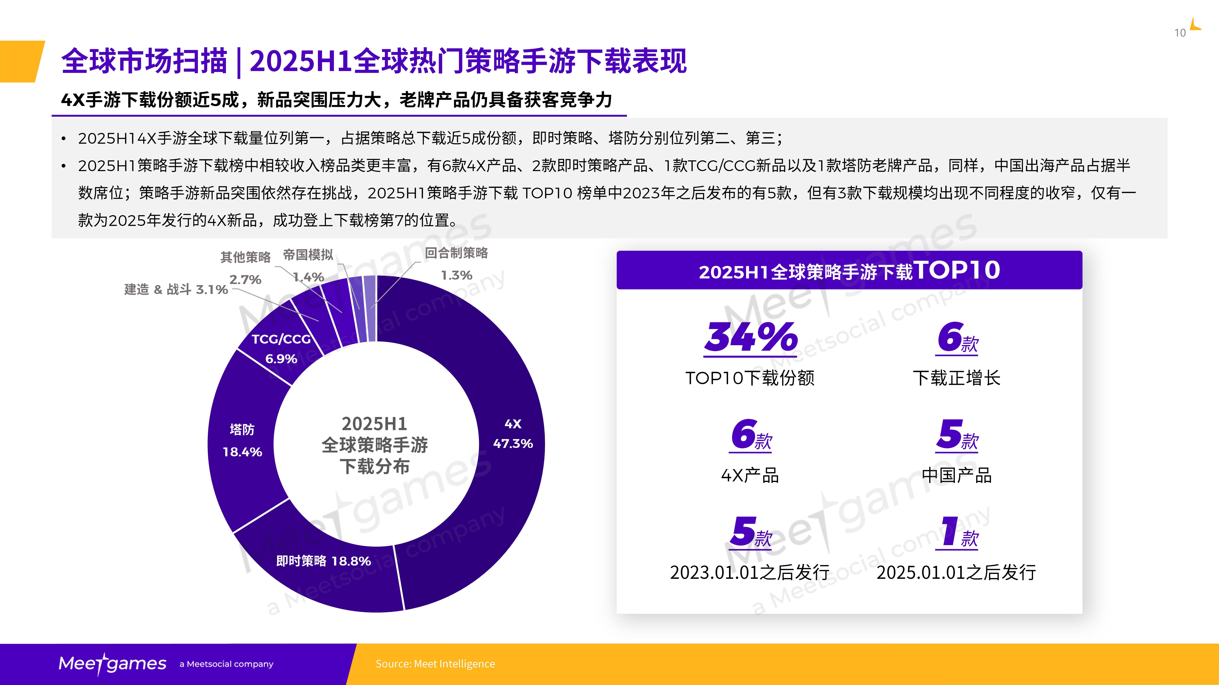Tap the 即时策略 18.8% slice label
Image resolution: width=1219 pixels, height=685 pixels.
click(324, 561)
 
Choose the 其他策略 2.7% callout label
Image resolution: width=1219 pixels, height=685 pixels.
click(245, 267)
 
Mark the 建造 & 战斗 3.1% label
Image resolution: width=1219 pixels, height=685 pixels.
click(176, 289)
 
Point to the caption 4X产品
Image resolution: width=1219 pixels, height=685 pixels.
click(750, 475)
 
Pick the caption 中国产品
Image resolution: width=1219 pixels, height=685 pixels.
click(956, 475)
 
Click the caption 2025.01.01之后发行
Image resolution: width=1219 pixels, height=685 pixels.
click(956, 572)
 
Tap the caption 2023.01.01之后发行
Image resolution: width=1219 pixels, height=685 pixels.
click(750, 572)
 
